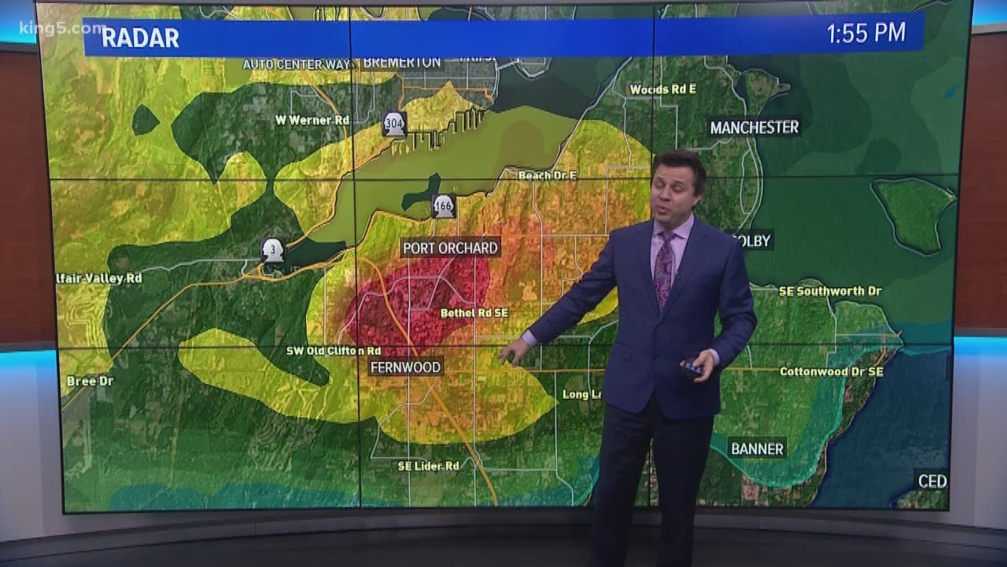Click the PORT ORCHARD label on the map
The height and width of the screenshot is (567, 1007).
tap(450, 248)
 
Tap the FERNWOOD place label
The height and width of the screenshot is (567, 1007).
tap(405, 367)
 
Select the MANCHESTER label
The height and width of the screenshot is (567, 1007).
tap(754, 127)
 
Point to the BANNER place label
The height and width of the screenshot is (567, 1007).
tap(757, 449)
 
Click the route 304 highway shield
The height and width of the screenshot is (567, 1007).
tap(394, 124)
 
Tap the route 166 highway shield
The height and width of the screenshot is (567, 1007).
tap(443, 206)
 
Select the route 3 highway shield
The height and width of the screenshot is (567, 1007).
tap(273, 250)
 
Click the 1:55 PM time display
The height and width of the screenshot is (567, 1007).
tap(866, 33)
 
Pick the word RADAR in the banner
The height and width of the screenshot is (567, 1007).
tap(140, 38)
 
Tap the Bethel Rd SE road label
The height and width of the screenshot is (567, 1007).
tap(474, 313)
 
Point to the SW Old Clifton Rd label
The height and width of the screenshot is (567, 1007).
tap(334, 351)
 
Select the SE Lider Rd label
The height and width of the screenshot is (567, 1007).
tap(428, 466)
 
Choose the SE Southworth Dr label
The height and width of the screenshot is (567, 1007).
tap(830, 291)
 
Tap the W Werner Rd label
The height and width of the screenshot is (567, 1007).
tap(312, 120)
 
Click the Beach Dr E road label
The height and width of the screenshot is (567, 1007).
tap(547, 176)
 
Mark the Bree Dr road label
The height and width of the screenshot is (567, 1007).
tap(90, 381)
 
